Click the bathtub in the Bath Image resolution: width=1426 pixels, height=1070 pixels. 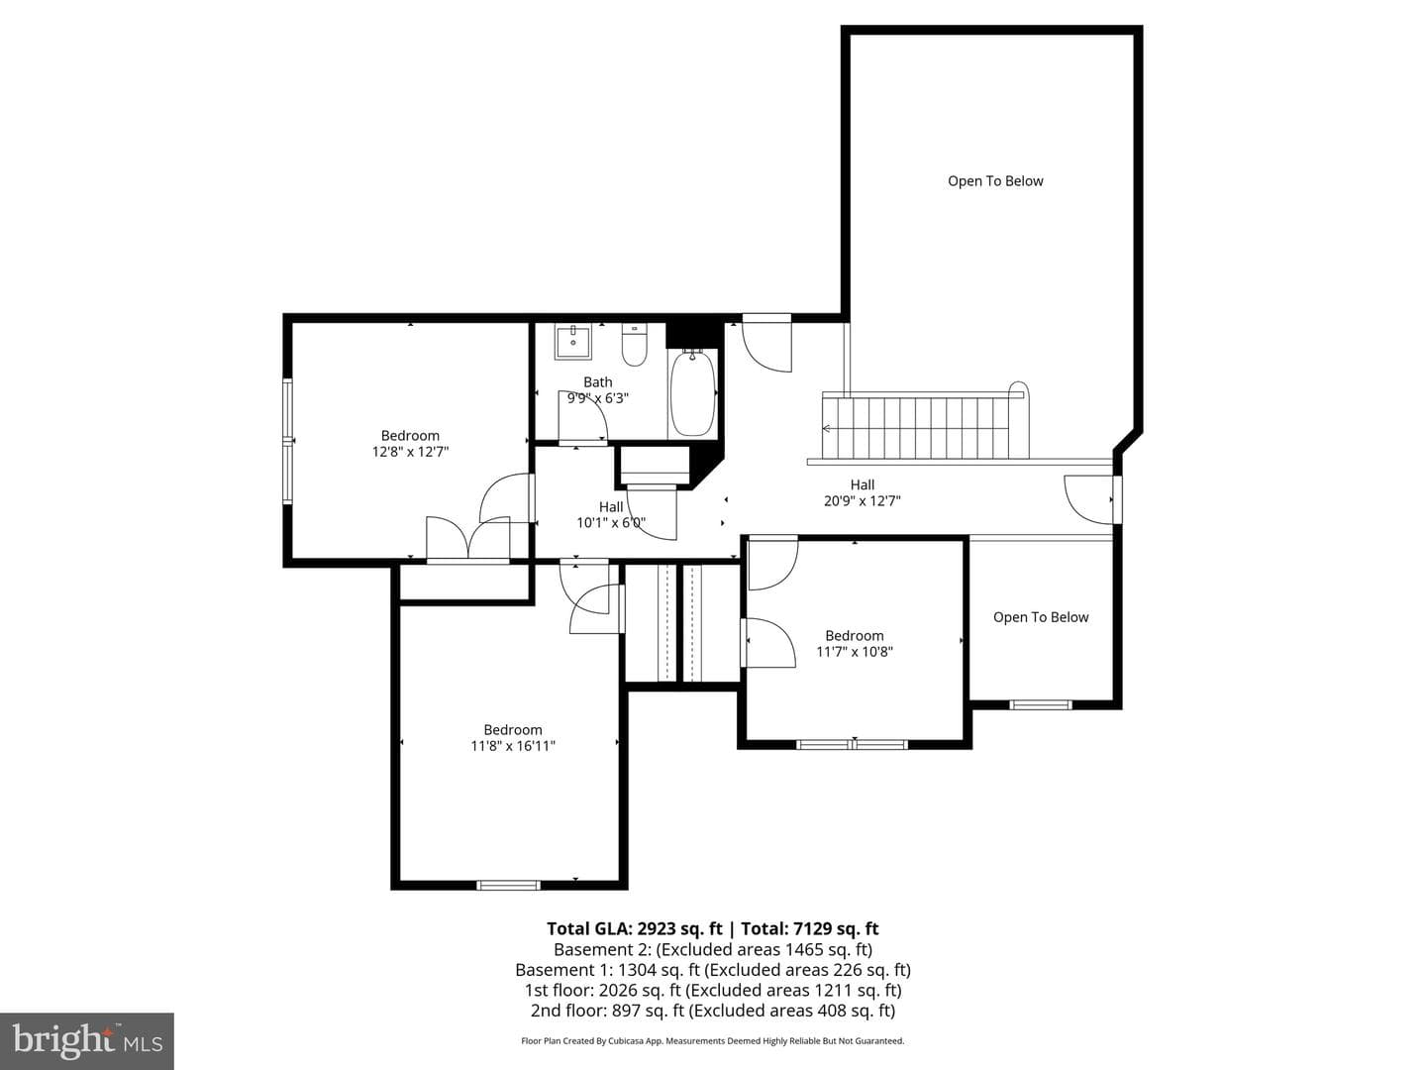(x=692, y=393)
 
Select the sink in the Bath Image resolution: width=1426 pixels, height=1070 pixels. (x=573, y=343)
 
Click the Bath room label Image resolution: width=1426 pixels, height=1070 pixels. (x=598, y=382)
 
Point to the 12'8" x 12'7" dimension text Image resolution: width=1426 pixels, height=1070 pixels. (x=410, y=452)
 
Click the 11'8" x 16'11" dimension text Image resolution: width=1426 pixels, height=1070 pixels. (x=513, y=746)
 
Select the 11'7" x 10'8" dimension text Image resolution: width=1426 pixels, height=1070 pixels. (x=855, y=652)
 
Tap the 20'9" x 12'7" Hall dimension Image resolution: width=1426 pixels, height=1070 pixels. (x=863, y=501)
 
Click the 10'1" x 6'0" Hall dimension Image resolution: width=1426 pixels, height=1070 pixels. (x=611, y=522)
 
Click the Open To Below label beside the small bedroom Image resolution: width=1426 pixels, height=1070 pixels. (x=1041, y=617)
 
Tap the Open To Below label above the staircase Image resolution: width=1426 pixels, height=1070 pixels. (x=995, y=181)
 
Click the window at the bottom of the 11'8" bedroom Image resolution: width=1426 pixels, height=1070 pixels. (x=508, y=884)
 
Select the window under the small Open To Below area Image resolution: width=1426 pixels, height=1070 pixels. (x=1040, y=704)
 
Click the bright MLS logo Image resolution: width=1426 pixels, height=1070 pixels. (x=87, y=1040)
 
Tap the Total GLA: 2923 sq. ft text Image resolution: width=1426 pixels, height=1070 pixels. (x=634, y=929)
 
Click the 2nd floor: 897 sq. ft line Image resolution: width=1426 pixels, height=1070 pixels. (x=713, y=1011)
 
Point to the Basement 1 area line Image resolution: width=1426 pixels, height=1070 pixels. (x=713, y=970)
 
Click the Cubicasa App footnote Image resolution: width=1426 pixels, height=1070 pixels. (x=713, y=1040)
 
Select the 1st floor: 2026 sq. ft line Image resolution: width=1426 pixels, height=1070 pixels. (x=713, y=990)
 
